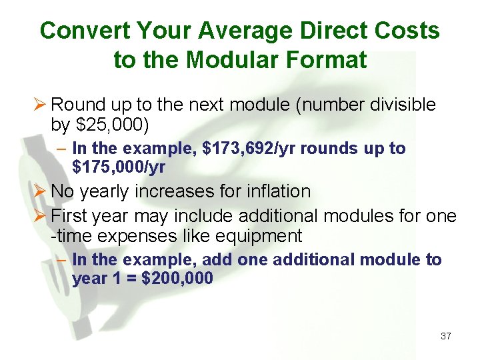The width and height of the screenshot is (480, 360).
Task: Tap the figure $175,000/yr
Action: (x=119, y=167)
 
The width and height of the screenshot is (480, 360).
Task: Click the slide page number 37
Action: (x=445, y=336)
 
